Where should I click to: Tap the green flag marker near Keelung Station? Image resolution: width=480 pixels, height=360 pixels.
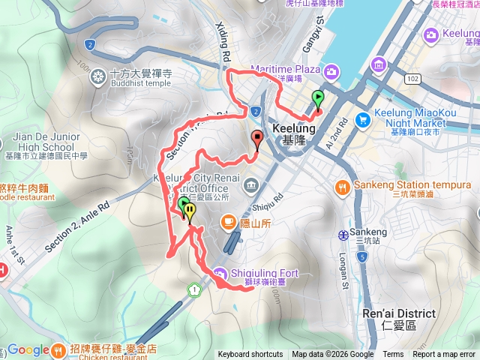pyautogui.click(x=318, y=99)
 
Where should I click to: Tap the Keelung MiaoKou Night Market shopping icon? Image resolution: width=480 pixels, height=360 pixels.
pyautogui.click(x=364, y=118)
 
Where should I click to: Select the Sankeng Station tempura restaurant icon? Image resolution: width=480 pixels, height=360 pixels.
pyautogui.click(x=342, y=185)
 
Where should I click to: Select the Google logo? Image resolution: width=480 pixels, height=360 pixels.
pyautogui.click(x=28, y=350)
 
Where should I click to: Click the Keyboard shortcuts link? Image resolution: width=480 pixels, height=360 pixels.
pyautogui.click(x=250, y=355)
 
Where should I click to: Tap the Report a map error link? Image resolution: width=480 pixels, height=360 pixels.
pyautogui.click(x=444, y=355)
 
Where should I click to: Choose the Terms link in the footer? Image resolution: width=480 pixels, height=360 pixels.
pyautogui.click(x=393, y=355)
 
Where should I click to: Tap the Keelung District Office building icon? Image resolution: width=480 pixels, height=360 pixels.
pyautogui.click(x=248, y=184)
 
